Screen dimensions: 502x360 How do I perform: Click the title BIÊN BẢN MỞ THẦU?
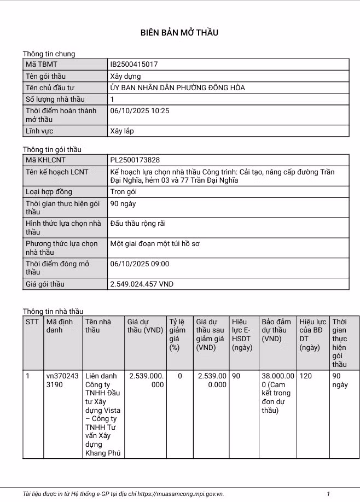(x=179, y=33)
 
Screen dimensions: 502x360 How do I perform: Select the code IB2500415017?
(x=134, y=65)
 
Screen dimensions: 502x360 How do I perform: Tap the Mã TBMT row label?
(x=42, y=65)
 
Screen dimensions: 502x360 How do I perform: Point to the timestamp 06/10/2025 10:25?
(x=140, y=110)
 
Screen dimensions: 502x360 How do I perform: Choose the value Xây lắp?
(x=122, y=131)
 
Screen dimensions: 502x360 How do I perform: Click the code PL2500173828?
(x=135, y=160)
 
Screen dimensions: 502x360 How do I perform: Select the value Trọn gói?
(x=123, y=192)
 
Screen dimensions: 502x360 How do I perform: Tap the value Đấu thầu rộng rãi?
(x=138, y=224)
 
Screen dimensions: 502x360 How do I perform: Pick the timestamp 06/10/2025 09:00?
(x=140, y=264)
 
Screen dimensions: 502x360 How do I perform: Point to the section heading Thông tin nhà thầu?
(x=53, y=312)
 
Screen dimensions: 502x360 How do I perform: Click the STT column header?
(x=32, y=322)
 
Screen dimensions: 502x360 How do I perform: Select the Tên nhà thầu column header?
(x=98, y=326)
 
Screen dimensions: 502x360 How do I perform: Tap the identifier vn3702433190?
(x=62, y=380)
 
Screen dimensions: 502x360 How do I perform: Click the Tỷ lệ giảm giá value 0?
(x=180, y=376)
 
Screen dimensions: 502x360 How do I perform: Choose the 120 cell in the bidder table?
(x=306, y=376)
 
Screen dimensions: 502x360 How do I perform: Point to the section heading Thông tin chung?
(x=49, y=54)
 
